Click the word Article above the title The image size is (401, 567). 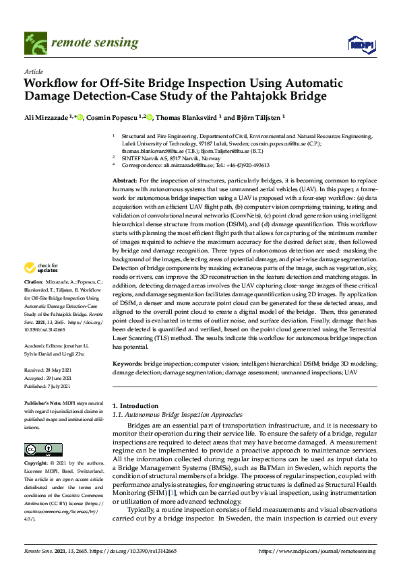point(34,71)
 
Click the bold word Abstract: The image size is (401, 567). point(125,181)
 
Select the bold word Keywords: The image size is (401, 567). point(127,363)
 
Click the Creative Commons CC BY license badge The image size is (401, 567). point(38,449)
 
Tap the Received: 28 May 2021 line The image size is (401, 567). point(48,371)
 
